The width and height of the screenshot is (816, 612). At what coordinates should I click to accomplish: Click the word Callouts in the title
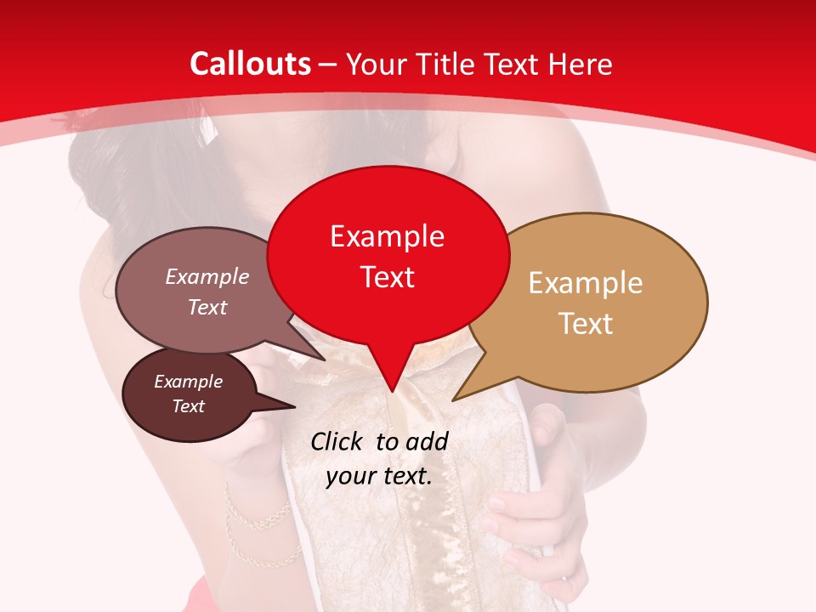coord(250,64)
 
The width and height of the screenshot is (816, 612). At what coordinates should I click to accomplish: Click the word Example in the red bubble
coord(387,236)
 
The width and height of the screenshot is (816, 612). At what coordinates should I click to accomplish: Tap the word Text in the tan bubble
coord(585,323)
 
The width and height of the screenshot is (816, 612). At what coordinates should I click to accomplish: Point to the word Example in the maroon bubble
coord(188,382)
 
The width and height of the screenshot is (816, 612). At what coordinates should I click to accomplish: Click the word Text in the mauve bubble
coord(207,307)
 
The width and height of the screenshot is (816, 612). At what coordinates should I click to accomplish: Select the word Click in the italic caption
coord(337,441)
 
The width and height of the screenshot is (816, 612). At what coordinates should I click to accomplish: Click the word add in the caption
coord(427,441)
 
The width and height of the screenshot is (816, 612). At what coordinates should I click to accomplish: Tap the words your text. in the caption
coord(378,476)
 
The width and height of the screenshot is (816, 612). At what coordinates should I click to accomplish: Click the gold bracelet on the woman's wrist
coord(255,518)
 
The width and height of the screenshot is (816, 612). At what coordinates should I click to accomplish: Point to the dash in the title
coord(328,65)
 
